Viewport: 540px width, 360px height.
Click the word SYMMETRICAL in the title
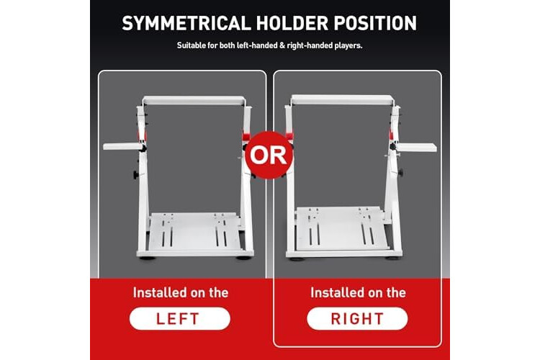tap(186, 23)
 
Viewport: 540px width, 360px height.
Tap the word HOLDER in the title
tap(292, 23)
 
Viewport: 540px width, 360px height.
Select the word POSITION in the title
tap(375, 23)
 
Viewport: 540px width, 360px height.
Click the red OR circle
tap(269, 155)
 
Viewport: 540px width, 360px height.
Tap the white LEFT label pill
tap(180, 319)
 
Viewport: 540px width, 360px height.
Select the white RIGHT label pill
tap(357, 319)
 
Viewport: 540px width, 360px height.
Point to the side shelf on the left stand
tap(122, 146)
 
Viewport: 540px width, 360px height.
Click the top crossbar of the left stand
tap(194, 101)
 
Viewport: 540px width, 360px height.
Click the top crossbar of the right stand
tap(342, 99)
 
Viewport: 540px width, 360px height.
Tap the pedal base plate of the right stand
tap(342, 228)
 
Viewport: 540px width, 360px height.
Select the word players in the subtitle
tap(348, 46)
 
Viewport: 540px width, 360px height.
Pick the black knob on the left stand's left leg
tap(136, 175)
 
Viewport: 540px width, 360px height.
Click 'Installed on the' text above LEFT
tap(181, 293)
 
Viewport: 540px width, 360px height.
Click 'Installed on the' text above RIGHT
tap(358, 293)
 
